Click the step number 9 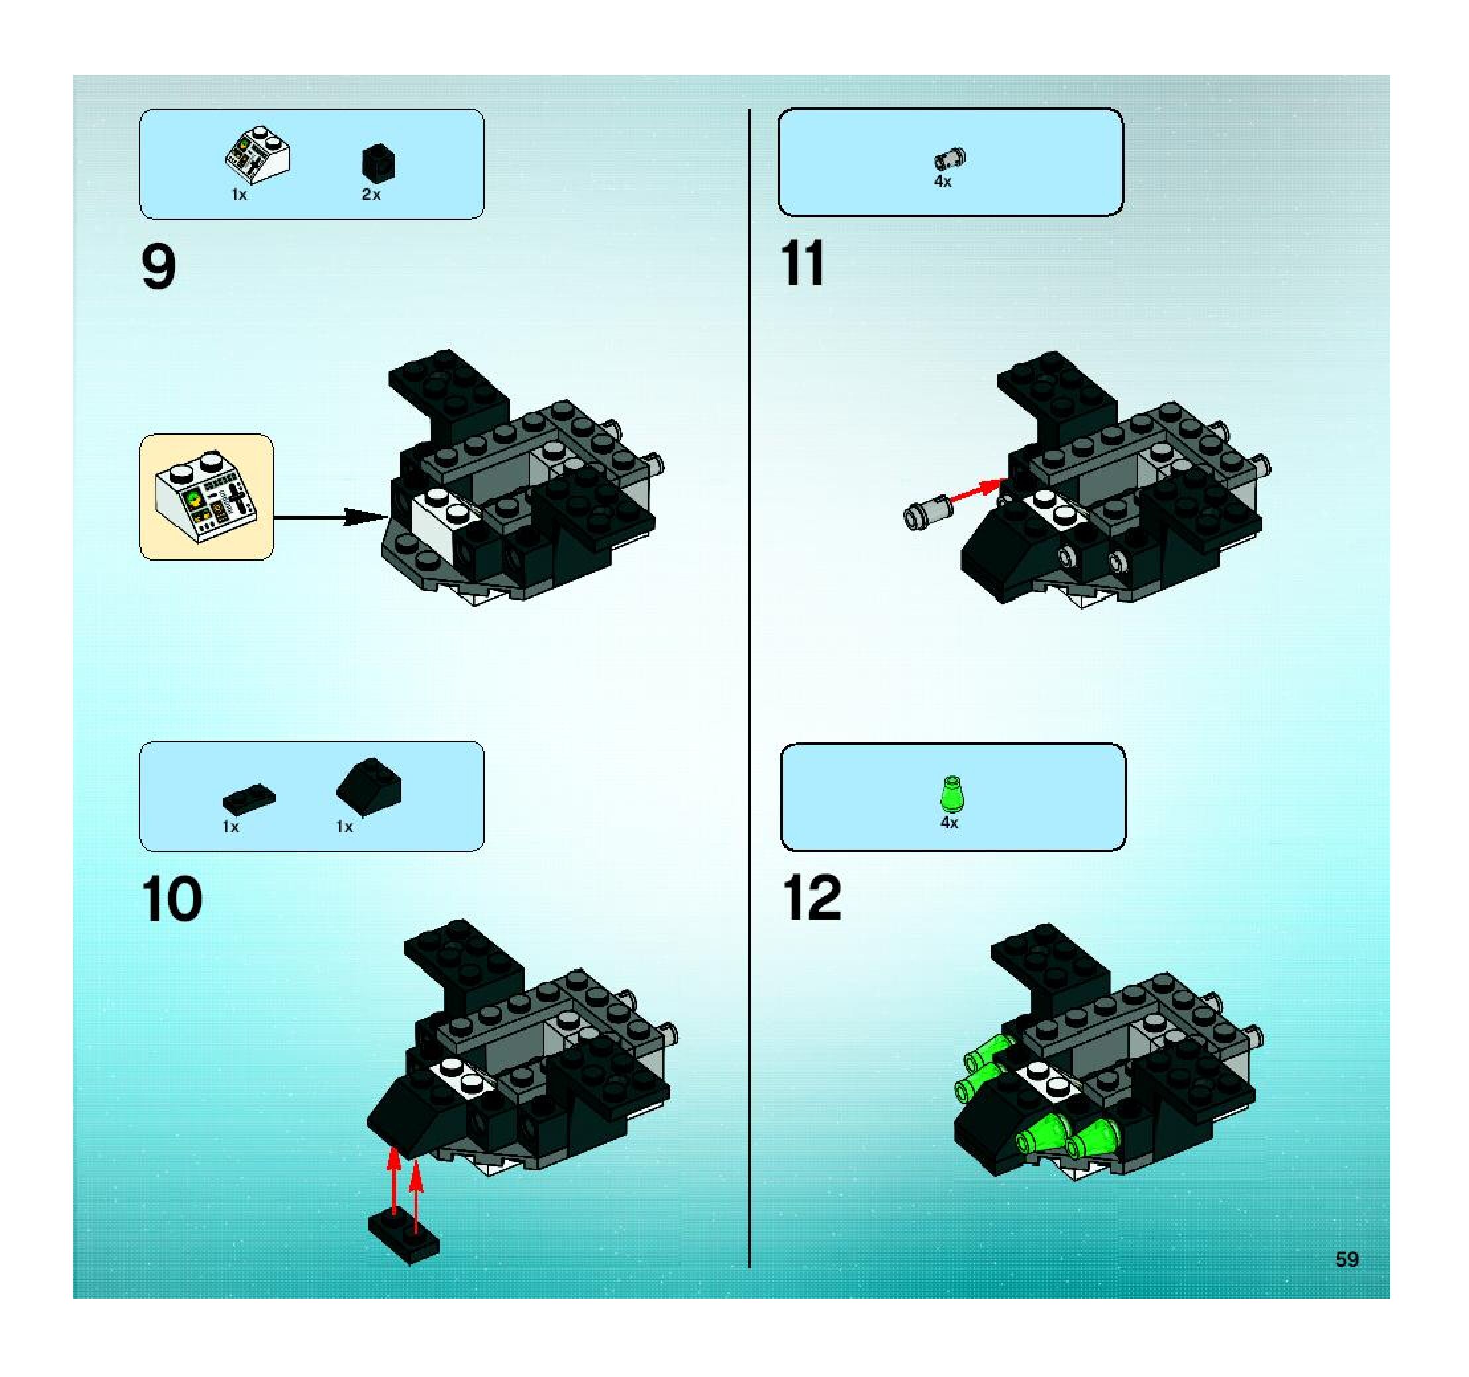[x=159, y=268]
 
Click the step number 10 [x=172, y=899]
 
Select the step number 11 [x=803, y=263]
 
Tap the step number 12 [x=812, y=897]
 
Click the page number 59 [x=1347, y=1260]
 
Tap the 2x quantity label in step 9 [x=371, y=194]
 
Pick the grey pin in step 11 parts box [x=950, y=158]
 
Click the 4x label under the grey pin [x=942, y=181]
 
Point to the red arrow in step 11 [x=976, y=492]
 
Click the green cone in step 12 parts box [x=952, y=795]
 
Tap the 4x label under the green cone [x=949, y=822]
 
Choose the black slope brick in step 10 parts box [x=369, y=788]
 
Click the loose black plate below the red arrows [x=403, y=1238]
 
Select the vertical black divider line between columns [x=749, y=689]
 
